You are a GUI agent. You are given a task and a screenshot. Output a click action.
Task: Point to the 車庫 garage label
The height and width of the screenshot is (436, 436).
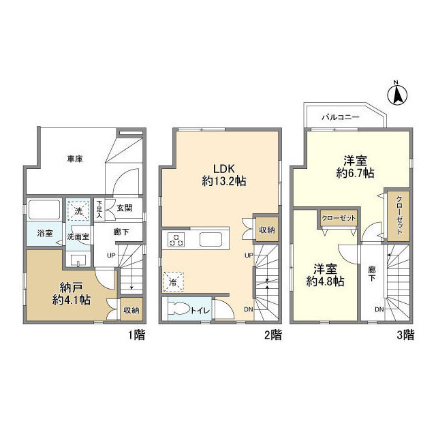(75, 159)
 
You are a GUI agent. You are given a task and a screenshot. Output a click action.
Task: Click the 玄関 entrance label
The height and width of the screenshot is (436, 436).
(125, 207)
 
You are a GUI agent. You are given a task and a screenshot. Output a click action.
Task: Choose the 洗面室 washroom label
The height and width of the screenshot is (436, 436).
(78, 238)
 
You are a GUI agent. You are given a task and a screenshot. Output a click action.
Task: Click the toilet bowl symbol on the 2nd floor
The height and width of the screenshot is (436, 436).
(179, 307)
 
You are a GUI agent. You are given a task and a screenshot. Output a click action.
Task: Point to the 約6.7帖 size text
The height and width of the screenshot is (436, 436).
(354, 174)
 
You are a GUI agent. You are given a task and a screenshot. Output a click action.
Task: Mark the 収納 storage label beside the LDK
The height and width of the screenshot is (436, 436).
(266, 230)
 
